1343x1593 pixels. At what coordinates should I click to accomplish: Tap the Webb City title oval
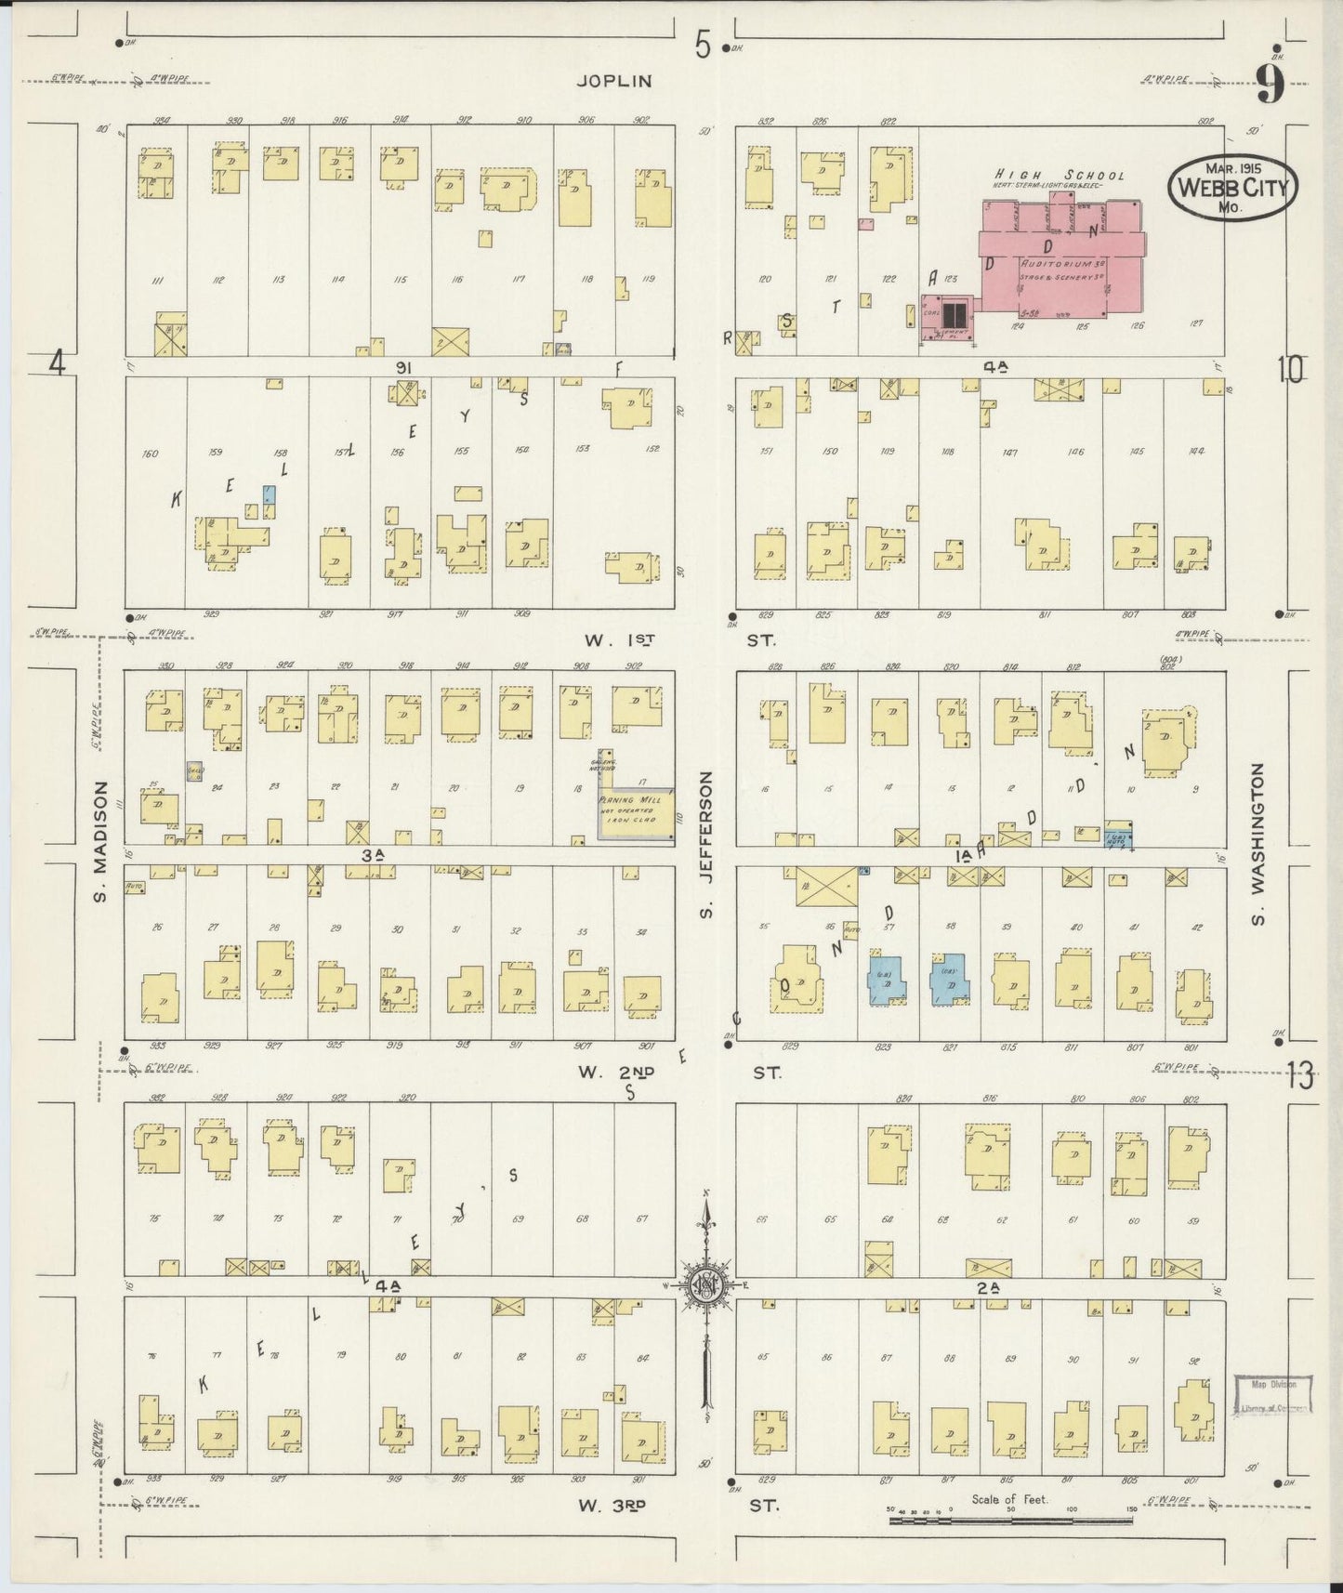1232,187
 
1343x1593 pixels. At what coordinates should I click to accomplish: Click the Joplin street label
614,82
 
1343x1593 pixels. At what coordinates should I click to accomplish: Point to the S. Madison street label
102,839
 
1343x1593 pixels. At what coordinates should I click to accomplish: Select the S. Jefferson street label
706,844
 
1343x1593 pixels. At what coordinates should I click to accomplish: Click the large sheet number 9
1271,86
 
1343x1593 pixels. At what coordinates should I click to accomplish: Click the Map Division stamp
1272,1395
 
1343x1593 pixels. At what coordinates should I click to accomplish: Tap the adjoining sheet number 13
1300,1077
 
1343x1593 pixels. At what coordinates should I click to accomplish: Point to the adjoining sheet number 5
704,45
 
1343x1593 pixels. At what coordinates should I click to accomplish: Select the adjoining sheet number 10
1290,371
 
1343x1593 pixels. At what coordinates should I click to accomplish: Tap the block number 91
403,368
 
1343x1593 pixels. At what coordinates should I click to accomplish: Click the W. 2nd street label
616,1072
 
